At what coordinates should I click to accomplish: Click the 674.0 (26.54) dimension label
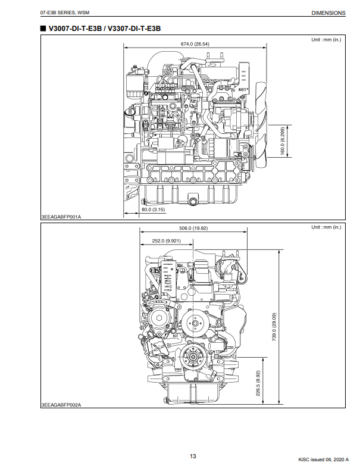point(195,44)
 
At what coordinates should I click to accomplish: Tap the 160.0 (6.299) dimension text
point(283,141)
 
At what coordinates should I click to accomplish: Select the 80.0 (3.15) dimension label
point(153,209)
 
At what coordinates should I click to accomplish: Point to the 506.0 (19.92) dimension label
point(193,229)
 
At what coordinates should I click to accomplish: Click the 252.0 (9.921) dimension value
point(166,240)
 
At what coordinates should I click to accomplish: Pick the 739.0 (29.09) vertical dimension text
point(274,327)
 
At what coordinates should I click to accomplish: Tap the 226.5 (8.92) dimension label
point(258,383)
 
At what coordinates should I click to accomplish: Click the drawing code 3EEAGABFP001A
point(61,217)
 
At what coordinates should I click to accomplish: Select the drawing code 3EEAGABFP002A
point(61,405)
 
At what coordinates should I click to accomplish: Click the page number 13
point(193,456)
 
